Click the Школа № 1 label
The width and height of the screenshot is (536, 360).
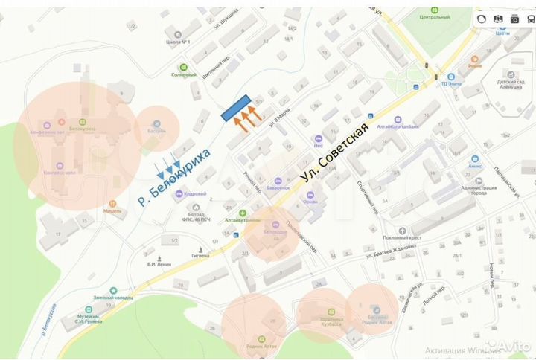point(179,42)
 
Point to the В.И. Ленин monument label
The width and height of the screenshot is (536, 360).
point(159,264)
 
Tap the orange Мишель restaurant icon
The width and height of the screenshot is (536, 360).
point(112,202)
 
